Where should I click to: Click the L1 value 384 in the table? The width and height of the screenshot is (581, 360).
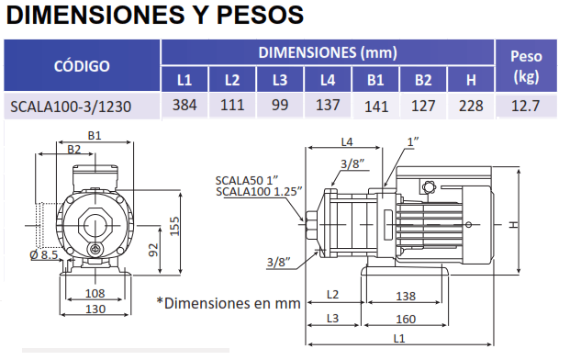tap(184, 105)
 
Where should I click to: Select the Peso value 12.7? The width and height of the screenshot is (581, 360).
tap(525, 106)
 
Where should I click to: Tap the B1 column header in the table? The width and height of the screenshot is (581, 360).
tap(375, 80)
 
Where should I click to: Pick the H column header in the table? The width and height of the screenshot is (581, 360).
tap(471, 80)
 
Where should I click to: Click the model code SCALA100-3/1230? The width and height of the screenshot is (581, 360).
tap(71, 107)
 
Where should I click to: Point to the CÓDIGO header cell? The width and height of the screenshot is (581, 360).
tap(82, 66)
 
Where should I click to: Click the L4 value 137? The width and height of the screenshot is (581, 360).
tap(328, 105)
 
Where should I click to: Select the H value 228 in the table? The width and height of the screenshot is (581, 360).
tap(471, 106)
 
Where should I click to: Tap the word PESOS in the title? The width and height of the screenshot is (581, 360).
tap(260, 16)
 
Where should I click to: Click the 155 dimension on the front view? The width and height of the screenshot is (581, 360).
tap(174, 226)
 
